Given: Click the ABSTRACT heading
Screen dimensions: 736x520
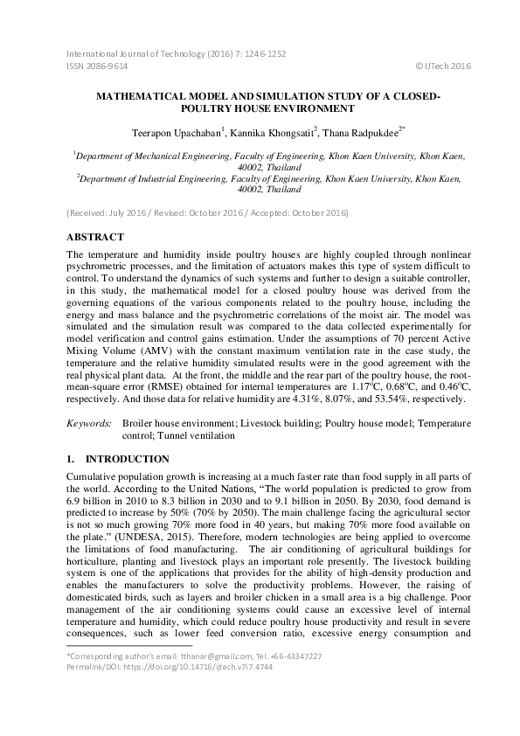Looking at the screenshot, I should (95, 237).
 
